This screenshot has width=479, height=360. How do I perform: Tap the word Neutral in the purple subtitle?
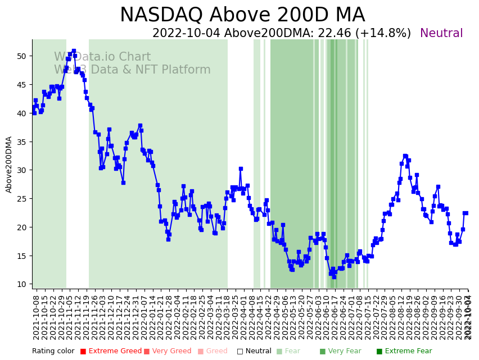(441, 34)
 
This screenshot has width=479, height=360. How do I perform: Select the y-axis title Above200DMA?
(9, 165)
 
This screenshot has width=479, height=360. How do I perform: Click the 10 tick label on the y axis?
(21, 284)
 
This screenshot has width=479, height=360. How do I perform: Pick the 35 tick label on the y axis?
(21, 142)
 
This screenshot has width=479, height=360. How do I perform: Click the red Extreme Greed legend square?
(83, 352)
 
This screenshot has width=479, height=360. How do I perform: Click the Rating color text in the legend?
(53, 352)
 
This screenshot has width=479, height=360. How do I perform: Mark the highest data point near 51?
(74, 51)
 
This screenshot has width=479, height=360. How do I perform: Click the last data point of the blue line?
(466, 213)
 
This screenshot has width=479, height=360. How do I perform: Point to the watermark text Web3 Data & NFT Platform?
(132, 70)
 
